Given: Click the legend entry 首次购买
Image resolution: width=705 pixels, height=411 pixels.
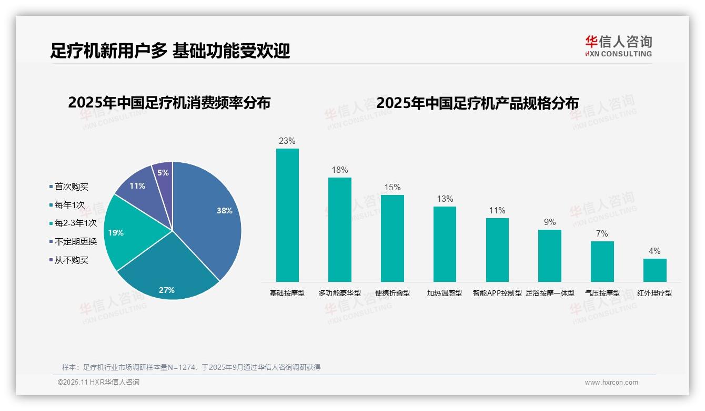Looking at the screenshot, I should click(x=71, y=187).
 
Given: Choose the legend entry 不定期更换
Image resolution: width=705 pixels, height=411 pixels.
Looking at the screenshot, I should click(x=75, y=241).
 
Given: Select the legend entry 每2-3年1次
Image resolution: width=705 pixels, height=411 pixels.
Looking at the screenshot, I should click(x=75, y=223).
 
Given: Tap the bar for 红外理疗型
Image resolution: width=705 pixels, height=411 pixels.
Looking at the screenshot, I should click(x=654, y=270).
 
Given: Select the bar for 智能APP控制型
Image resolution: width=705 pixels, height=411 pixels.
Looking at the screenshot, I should click(x=497, y=250).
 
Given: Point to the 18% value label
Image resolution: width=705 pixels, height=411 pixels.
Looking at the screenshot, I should click(x=339, y=170).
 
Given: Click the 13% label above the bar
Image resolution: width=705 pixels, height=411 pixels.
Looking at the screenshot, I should click(x=445, y=199).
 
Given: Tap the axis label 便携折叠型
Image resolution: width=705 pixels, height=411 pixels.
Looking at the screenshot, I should click(x=392, y=293).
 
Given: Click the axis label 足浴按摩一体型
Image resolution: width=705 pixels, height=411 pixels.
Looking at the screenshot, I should click(x=550, y=293).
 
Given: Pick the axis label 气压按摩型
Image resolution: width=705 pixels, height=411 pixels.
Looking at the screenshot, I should click(x=602, y=293).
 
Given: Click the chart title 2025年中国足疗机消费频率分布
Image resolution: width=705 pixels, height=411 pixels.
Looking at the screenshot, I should click(x=169, y=103).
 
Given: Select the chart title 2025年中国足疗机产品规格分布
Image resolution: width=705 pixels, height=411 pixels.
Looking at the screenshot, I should click(x=477, y=103).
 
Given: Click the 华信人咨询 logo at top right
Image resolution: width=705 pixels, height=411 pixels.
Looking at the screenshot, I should click(x=618, y=46).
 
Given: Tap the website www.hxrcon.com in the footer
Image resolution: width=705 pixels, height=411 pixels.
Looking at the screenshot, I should click(x=611, y=383).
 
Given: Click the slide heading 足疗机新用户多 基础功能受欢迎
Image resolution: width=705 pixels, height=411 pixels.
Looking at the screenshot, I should click(x=170, y=51).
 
